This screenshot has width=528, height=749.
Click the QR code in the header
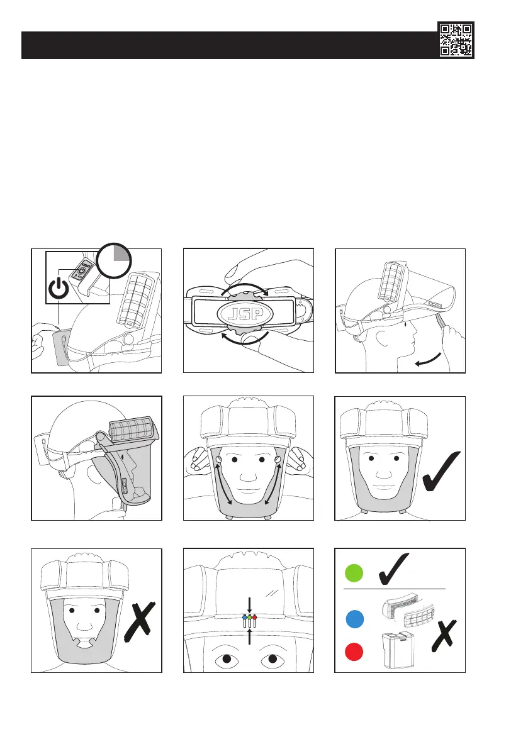point(456,40)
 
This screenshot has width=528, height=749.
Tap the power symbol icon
point(59,289)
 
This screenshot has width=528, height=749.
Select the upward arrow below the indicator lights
point(250,637)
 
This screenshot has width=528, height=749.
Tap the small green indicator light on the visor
point(250,618)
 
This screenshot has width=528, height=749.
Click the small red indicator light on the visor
point(256,618)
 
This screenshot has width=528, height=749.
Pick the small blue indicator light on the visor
point(244,618)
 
